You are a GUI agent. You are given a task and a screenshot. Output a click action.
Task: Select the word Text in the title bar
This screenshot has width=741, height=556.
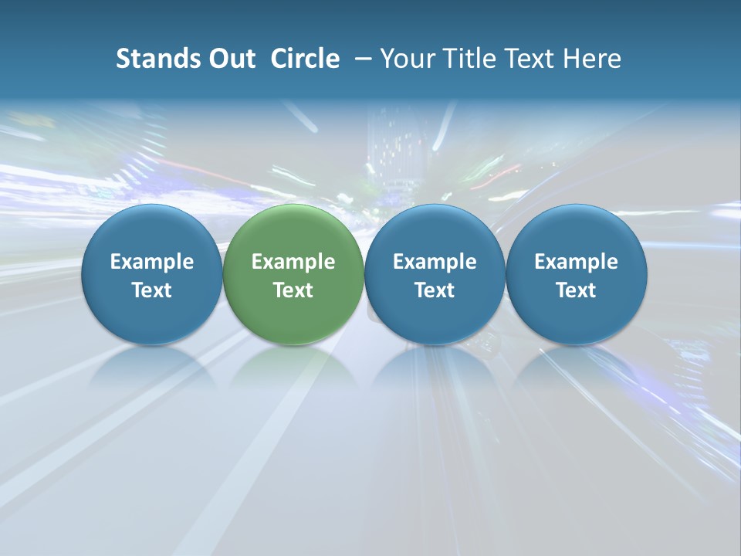[x=530, y=59]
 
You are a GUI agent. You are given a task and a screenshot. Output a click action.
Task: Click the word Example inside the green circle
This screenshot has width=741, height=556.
[x=293, y=262]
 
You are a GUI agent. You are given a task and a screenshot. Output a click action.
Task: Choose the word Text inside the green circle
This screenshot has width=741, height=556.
[x=293, y=290]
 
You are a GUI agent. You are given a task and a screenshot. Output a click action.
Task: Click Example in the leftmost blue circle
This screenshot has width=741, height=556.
[x=151, y=262]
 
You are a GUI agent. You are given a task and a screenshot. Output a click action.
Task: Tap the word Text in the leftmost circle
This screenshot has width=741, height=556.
[x=151, y=290]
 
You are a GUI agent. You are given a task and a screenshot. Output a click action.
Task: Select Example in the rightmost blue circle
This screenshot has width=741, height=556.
[x=576, y=262]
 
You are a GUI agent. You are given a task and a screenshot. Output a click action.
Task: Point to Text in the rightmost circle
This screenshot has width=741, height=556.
[x=576, y=290]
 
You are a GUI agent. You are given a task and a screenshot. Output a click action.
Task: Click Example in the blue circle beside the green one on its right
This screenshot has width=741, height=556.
[x=435, y=262]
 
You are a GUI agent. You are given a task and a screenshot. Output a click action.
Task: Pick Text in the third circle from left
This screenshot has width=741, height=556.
[x=435, y=290]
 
